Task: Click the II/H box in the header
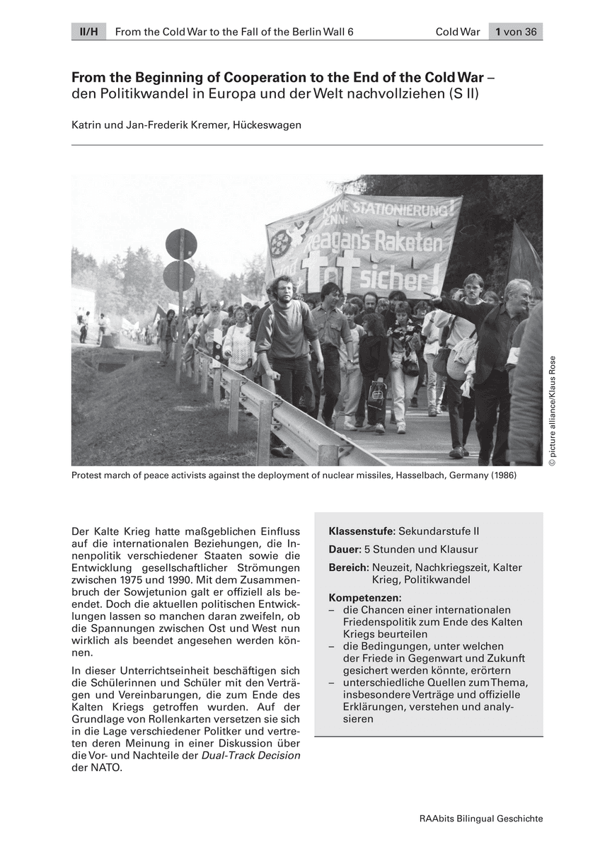click(88, 31)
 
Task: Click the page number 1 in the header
click(499, 31)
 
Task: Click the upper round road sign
click(181, 244)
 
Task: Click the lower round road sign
click(179, 276)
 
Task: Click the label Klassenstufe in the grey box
click(362, 531)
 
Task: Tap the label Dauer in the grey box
click(344, 549)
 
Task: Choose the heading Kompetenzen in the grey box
click(364, 598)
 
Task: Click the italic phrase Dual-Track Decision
click(251, 756)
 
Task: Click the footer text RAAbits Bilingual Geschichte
click(481, 819)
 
